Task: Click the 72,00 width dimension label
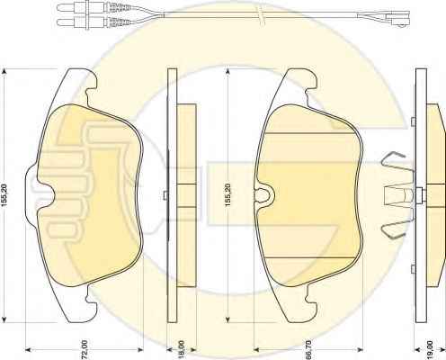[x=85, y=350]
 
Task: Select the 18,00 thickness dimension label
[x=182, y=350]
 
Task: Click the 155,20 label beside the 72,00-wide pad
[x=4, y=195]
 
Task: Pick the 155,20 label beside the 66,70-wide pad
[x=227, y=195]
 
